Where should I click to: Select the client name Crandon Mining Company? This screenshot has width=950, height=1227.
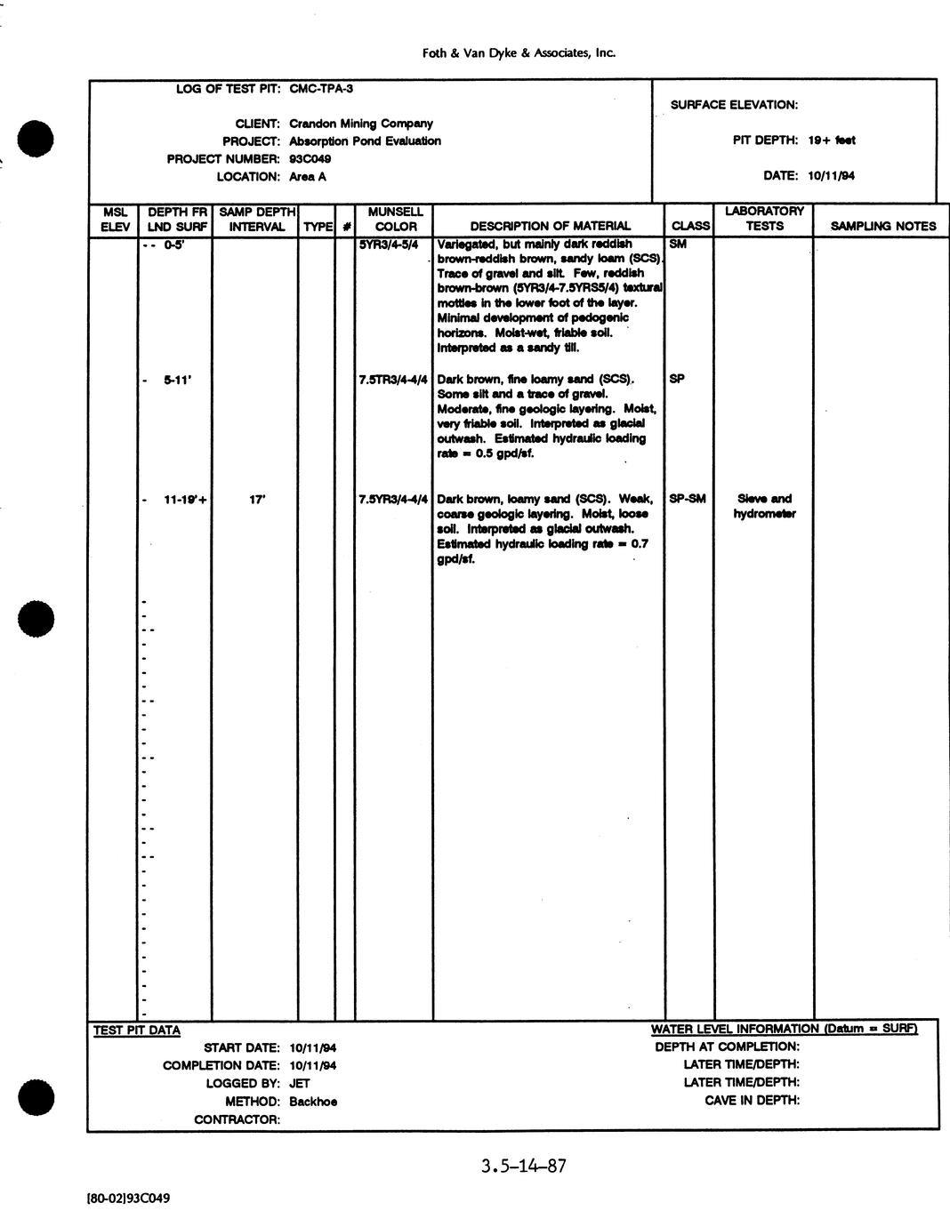point(360,124)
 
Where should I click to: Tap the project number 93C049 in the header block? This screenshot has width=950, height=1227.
point(310,159)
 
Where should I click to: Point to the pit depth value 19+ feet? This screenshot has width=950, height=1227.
point(832,140)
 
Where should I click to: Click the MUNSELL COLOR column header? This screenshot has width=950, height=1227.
point(395,220)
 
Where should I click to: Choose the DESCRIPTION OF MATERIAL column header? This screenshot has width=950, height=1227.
point(550,226)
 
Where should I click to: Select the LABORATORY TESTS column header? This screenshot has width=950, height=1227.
point(764,219)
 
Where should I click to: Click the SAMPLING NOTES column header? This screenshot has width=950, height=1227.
point(882,226)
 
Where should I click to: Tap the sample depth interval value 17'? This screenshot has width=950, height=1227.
point(256,500)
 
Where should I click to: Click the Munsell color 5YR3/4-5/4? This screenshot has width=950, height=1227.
point(389,244)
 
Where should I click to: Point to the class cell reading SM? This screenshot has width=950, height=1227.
point(677,244)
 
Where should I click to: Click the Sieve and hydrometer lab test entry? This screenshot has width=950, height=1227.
point(764,506)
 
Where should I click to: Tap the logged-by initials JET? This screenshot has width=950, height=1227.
point(299,1083)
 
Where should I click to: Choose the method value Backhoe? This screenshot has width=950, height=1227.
point(312,1101)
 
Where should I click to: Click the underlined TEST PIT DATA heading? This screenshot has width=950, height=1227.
point(137,1031)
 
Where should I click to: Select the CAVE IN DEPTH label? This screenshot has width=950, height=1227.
point(752,1100)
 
